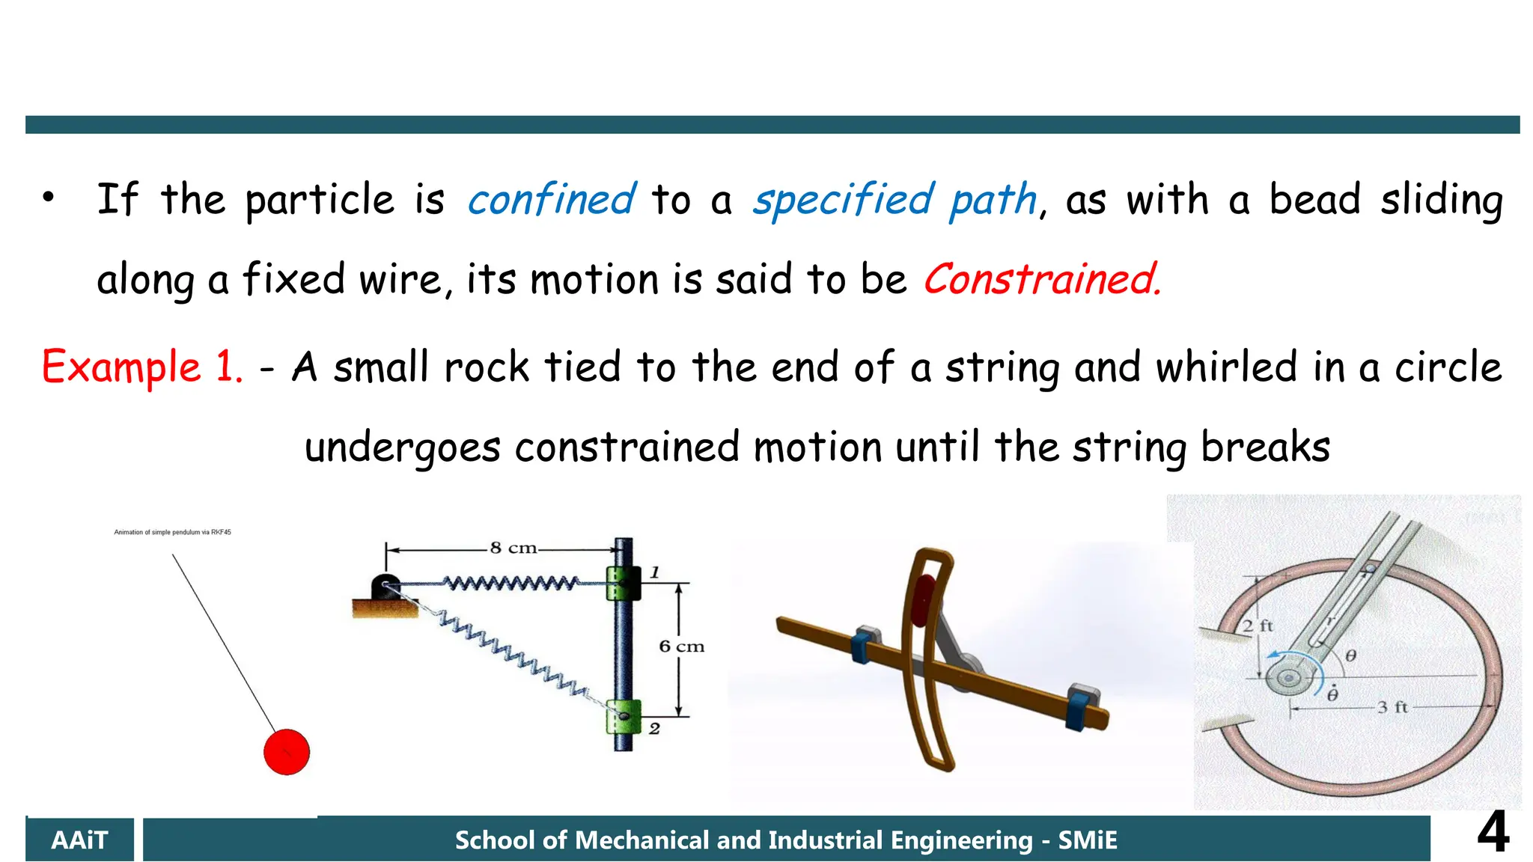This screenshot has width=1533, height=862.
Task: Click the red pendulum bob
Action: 286,751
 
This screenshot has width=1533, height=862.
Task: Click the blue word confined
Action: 552,200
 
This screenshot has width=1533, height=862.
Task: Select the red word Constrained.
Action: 1041,279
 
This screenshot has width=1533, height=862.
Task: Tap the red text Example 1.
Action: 142,367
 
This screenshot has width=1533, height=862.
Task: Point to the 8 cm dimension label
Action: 513,548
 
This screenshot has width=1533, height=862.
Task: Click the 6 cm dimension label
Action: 681,646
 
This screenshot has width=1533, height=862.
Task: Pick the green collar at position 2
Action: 624,716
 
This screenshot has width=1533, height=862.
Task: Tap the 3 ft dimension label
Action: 1392,707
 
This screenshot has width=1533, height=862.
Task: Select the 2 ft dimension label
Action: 1258,626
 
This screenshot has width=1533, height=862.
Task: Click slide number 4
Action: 1493,832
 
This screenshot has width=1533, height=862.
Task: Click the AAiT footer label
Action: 79,840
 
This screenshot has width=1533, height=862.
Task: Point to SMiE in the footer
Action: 1087,840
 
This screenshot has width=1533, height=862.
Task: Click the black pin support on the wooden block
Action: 385,587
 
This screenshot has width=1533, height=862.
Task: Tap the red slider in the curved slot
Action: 924,599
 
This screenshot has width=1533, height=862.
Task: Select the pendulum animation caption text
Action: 172,532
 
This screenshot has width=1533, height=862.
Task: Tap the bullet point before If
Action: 49,198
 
